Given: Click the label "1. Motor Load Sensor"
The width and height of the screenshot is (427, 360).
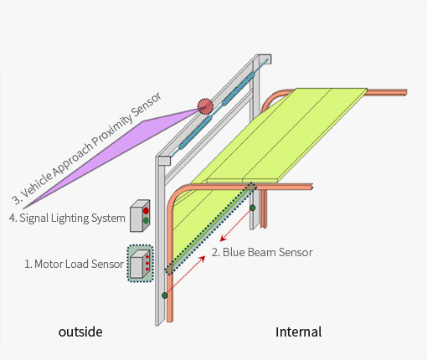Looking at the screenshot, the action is (x=74, y=264).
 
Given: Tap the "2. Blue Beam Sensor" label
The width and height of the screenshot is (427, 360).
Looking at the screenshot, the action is (x=262, y=252).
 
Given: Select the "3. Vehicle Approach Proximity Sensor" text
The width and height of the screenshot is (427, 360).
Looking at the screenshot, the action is (x=86, y=148).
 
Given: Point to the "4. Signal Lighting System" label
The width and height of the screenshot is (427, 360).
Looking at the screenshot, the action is (x=67, y=218).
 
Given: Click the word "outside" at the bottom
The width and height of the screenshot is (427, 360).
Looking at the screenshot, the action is (x=80, y=332).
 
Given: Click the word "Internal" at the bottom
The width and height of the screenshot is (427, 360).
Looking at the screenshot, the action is (x=298, y=332).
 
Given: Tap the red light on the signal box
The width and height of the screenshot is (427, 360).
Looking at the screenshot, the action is (x=146, y=211).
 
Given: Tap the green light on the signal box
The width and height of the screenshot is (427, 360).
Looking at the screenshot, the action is (x=146, y=220).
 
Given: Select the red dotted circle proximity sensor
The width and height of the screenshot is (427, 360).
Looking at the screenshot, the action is (x=205, y=106).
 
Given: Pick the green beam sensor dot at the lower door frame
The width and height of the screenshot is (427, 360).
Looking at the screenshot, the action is (x=165, y=296).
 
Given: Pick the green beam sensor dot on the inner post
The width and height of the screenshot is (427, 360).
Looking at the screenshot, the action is (x=252, y=208).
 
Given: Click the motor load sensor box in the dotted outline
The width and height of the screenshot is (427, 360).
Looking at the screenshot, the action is (x=141, y=264).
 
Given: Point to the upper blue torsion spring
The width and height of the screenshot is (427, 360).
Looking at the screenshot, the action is (x=239, y=89).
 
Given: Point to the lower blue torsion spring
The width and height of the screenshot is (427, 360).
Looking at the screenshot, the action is (x=195, y=132).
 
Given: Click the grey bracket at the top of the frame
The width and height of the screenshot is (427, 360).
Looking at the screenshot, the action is (x=265, y=59).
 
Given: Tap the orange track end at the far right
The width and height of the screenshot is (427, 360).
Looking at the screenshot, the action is (x=404, y=92).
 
